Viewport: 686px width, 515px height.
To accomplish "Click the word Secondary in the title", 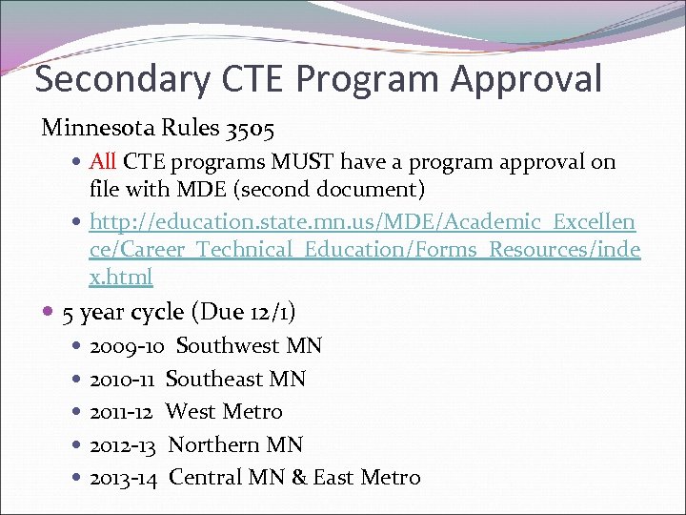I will pyautogui.click(x=119, y=79).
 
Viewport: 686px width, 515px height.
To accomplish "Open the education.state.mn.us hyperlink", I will pyautogui.click(x=362, y=221).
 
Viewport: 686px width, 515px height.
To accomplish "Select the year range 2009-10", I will pyautogui.click(x=127, y=345).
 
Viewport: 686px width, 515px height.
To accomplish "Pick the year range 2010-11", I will pyautogui.click(x=122, y=379).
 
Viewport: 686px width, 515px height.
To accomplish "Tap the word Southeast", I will pyautogui.click(x=214, y=379).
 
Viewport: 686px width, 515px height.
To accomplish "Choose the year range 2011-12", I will pyautogui.click(x=122, y=412).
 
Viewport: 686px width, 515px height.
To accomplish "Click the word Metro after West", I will pyautogui.click(x=252, y=412).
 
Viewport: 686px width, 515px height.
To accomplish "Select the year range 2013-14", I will pyautogui.click(x=125, y=478).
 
